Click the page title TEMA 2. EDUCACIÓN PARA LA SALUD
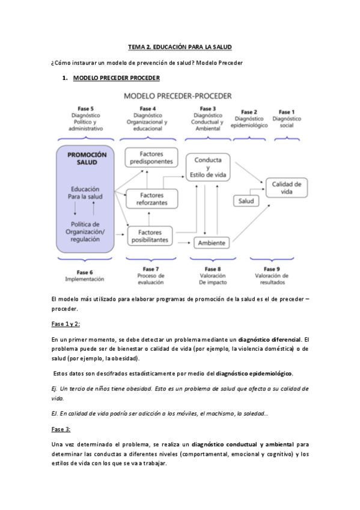(x=180, y=46)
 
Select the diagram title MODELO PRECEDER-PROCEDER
(x=178, y=96)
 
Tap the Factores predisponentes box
(x=151, y=158)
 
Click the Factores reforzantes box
(x=151, y=199)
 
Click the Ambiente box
(x=212, y=242)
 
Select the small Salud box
(x=246, y=201)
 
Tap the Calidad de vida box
(x=287, y=188)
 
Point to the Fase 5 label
(x=86, y=108)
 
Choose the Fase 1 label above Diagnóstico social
(x=287, y=112)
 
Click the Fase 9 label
(x=272, y=269)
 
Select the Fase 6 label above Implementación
(x=85, y=272)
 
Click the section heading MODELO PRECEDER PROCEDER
(x=116, y=78)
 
